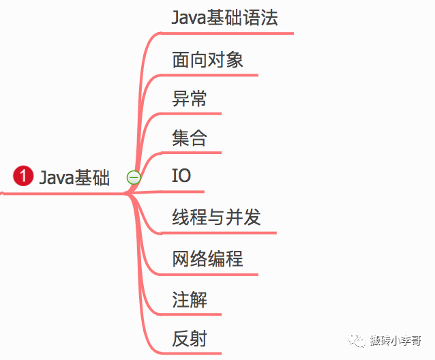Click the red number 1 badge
coord(23,177)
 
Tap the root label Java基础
coord(74,177)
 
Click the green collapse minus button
coord(134,177)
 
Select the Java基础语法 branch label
coord(225,17)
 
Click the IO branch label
coord(181,176)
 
